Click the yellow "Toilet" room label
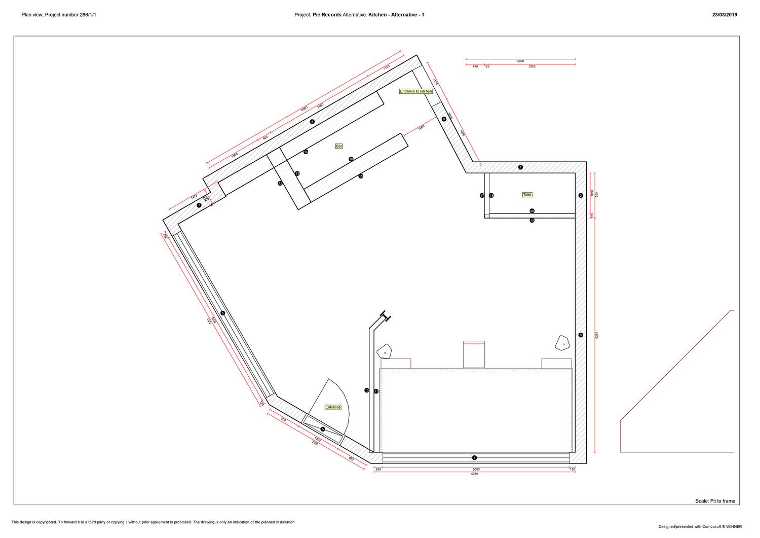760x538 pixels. [527, 195]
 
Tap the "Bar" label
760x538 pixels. [339, 146]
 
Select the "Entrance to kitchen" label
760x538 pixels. [416, 91]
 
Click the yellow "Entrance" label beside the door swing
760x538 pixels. [333, 407]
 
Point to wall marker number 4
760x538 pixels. [474, 457]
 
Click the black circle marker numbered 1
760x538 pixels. [520, 167]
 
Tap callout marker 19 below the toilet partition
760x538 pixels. [532, 221]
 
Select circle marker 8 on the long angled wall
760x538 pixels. [312, 122]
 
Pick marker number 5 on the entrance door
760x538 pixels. [323, 429]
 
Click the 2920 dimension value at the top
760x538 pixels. [520, 61]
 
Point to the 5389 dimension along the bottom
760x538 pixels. [475, 474]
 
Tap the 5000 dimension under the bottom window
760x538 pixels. [476, 469]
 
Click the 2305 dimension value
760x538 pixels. [532, 66]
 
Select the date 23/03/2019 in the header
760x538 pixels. [725, 15]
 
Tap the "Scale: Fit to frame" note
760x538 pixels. [715, 501]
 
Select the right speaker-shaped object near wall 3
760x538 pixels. [562, 343]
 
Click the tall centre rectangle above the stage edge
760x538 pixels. [474, 354]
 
